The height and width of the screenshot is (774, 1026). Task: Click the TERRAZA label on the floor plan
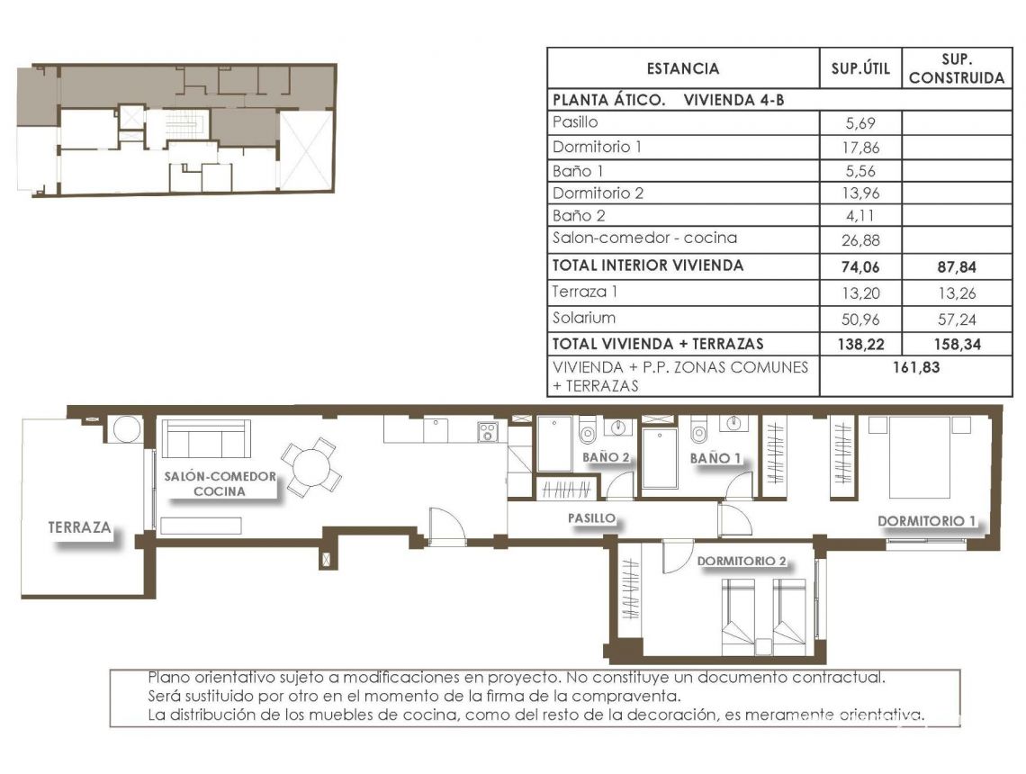click(80, 527)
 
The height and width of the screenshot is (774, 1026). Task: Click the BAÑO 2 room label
click(606, 457)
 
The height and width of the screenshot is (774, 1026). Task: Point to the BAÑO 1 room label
click(715, 458)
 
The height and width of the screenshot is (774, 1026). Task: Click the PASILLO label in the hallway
click(591, 518)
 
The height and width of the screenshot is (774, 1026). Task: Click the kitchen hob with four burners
click(488, 431)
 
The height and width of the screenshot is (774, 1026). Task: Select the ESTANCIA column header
click(682, 68)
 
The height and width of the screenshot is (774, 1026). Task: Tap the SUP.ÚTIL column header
click(859, 68)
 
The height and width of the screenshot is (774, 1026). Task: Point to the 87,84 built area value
click(956, 266)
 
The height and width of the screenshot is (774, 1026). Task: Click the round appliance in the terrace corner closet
click(125, 428)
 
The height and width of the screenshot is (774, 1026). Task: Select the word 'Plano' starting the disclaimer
click(168, 678)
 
